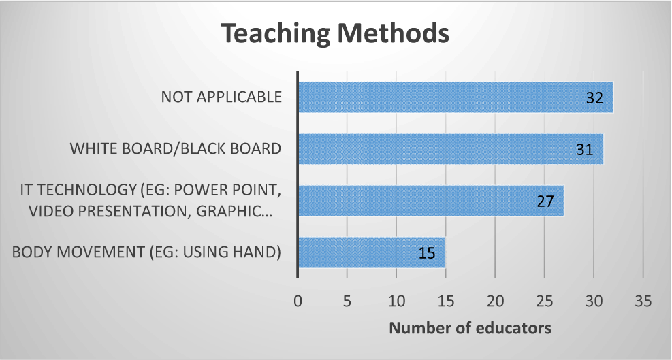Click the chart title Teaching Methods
coord(336,33)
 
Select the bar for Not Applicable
coord(455,97)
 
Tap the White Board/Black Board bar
coord(451,149)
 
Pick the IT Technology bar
coord(431,201)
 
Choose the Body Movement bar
coord(372,252)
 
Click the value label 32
coord(594,98)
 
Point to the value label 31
coord(585,150)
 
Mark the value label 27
coord(545,201)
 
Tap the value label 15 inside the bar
coord(427,253)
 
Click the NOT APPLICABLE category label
coord(221,97)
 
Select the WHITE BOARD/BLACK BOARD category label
coord(176,149)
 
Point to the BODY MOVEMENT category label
coord(146,252)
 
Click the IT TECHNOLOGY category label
coord(150,201)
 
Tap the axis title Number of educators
coord(470,328)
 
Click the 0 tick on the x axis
coord(298,301)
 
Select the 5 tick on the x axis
coord(347,301)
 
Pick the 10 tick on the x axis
coord(396,301)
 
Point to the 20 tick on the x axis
coord(495,301)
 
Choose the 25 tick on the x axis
coord(544,301)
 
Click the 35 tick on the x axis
coord(643,301)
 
